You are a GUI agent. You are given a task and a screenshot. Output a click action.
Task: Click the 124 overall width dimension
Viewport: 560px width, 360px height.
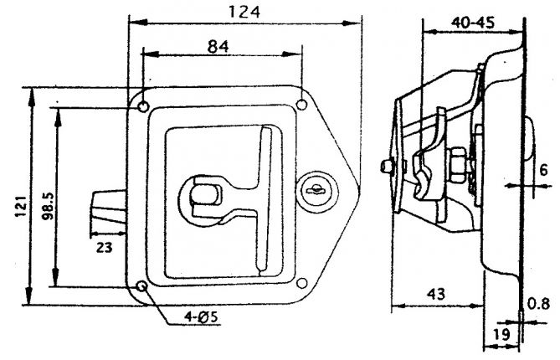pos(244,12)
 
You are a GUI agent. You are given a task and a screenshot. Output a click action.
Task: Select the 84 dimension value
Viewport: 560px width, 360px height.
pos(218,47)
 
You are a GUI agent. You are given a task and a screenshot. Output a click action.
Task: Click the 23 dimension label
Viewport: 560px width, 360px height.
pos(103,248)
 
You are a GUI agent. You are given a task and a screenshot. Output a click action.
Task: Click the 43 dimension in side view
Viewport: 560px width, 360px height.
pos(435,294)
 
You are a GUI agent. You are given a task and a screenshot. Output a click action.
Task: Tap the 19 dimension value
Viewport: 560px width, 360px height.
pos(501,333)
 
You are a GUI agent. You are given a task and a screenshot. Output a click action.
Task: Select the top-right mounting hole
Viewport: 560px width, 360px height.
pos(301,106)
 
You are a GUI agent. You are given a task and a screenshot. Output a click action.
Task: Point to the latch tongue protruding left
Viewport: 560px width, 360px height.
pos(108,208)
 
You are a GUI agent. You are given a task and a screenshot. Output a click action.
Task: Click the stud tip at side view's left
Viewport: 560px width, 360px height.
pos(384,167)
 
